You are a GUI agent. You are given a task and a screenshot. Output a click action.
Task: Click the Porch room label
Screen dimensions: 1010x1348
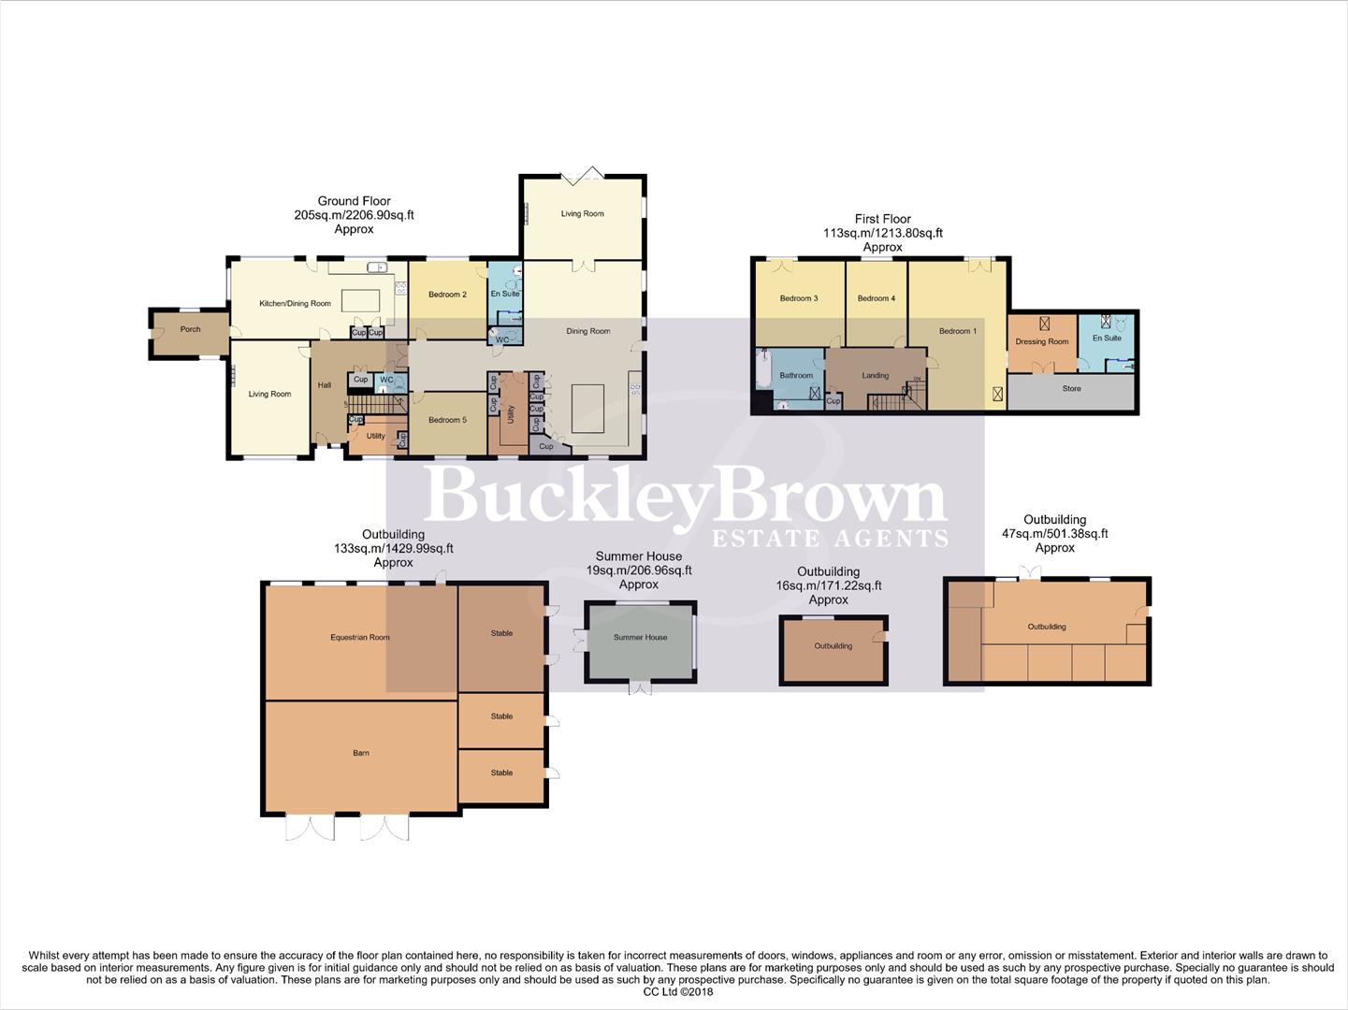tap(190, 329)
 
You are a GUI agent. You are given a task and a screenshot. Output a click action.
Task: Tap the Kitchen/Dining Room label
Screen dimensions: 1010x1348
tap(295, 304)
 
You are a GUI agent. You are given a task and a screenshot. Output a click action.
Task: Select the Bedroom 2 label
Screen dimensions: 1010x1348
tap(447, 295)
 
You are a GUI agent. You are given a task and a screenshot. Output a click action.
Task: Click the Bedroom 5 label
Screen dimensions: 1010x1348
tap(447, 420)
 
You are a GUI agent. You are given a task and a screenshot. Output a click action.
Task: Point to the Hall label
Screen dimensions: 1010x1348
tap(324, 385)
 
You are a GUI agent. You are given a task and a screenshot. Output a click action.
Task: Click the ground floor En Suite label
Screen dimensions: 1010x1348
tap(504, 294)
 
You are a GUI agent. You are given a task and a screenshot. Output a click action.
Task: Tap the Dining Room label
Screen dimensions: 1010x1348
tap(587, 331)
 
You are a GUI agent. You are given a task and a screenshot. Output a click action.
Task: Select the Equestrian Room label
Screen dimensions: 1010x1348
tap(359, 638)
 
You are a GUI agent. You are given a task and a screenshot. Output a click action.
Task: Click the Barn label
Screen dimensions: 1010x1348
tap(361, 753)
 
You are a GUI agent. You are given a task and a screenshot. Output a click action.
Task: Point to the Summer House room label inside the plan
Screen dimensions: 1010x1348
tap(640, 638)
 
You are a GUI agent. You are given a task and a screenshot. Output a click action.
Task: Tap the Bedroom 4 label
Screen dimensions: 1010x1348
tap(876, 298)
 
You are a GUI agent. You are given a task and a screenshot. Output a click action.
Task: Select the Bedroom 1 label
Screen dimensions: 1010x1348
tap(957, 331)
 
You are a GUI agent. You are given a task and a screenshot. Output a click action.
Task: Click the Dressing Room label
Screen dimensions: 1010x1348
tap(1041, 341)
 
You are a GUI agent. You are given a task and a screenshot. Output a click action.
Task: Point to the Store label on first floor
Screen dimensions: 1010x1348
tap(1071, 388)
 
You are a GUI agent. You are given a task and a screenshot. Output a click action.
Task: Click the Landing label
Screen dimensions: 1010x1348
tap(875, 376)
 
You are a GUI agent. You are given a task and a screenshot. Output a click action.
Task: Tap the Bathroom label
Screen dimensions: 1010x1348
tap(796, 376)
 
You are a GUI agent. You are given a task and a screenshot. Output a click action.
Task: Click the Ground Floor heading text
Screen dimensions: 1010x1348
tap(354, 201)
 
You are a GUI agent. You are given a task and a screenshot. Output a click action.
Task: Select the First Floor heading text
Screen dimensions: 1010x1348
tap(882, 219)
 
